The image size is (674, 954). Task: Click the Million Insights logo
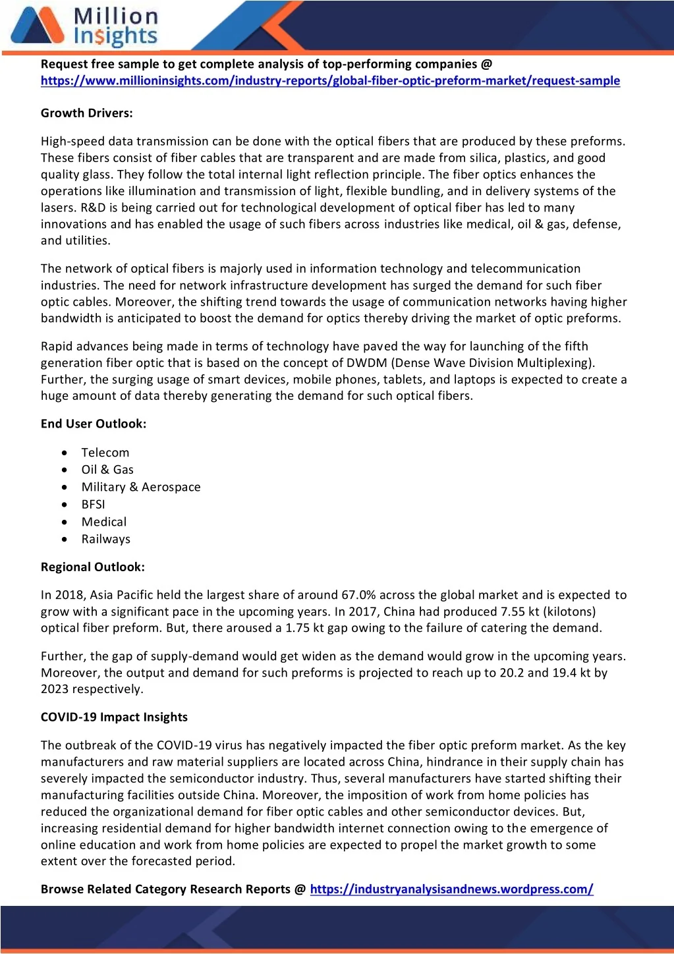point(84,26)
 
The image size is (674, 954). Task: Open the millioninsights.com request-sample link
point(330,81)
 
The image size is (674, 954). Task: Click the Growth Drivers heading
point(87,113)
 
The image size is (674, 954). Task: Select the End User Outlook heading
point(94,424)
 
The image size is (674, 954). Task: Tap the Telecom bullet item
point(105,453)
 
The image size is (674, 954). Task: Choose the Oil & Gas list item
point(107,470)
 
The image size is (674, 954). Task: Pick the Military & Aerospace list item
point(141,487)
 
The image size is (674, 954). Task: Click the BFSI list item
point(94,505)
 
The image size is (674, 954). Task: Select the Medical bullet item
point(104,522)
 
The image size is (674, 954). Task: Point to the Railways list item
point(106,539)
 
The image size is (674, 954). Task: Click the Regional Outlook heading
point(93,567)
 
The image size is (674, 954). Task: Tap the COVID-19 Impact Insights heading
point(114,717)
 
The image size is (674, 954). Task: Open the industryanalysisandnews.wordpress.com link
point(451,889)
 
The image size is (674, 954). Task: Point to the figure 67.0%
point(358,595)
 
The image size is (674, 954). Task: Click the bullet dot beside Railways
point(64,539)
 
